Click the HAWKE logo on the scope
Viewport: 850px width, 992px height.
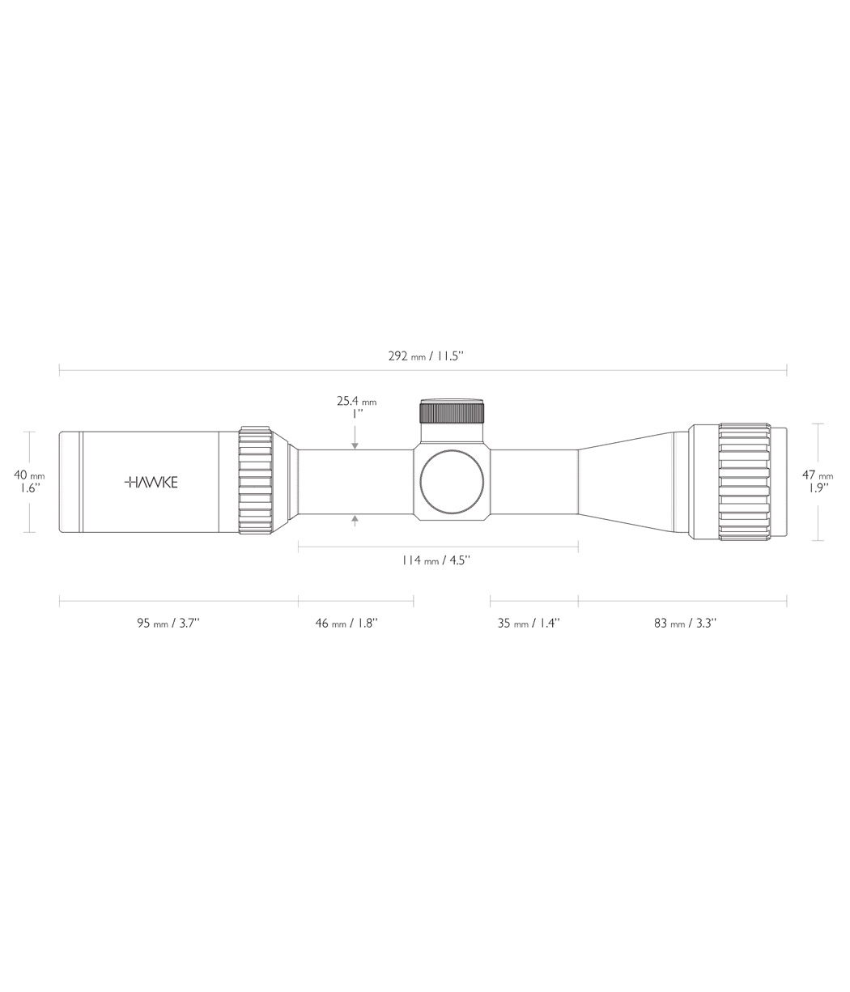[x=151, y=482]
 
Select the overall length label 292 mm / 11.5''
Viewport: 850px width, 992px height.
[x=426, y=356]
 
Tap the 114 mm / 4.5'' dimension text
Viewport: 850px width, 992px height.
[x=436, y=560]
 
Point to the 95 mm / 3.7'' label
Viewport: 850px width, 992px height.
[x=168, y=623]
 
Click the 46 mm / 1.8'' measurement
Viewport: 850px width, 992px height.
[x=346, y=623]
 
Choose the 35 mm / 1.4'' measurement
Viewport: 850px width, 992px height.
[x=529, y=623]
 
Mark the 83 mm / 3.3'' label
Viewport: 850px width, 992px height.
[x=685, y=623]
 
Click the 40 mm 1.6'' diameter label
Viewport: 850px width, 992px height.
[x=29, y=482]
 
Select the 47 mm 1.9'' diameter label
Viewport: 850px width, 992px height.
[x=818, y=482]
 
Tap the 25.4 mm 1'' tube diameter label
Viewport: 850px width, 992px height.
[x=356, y=407]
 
